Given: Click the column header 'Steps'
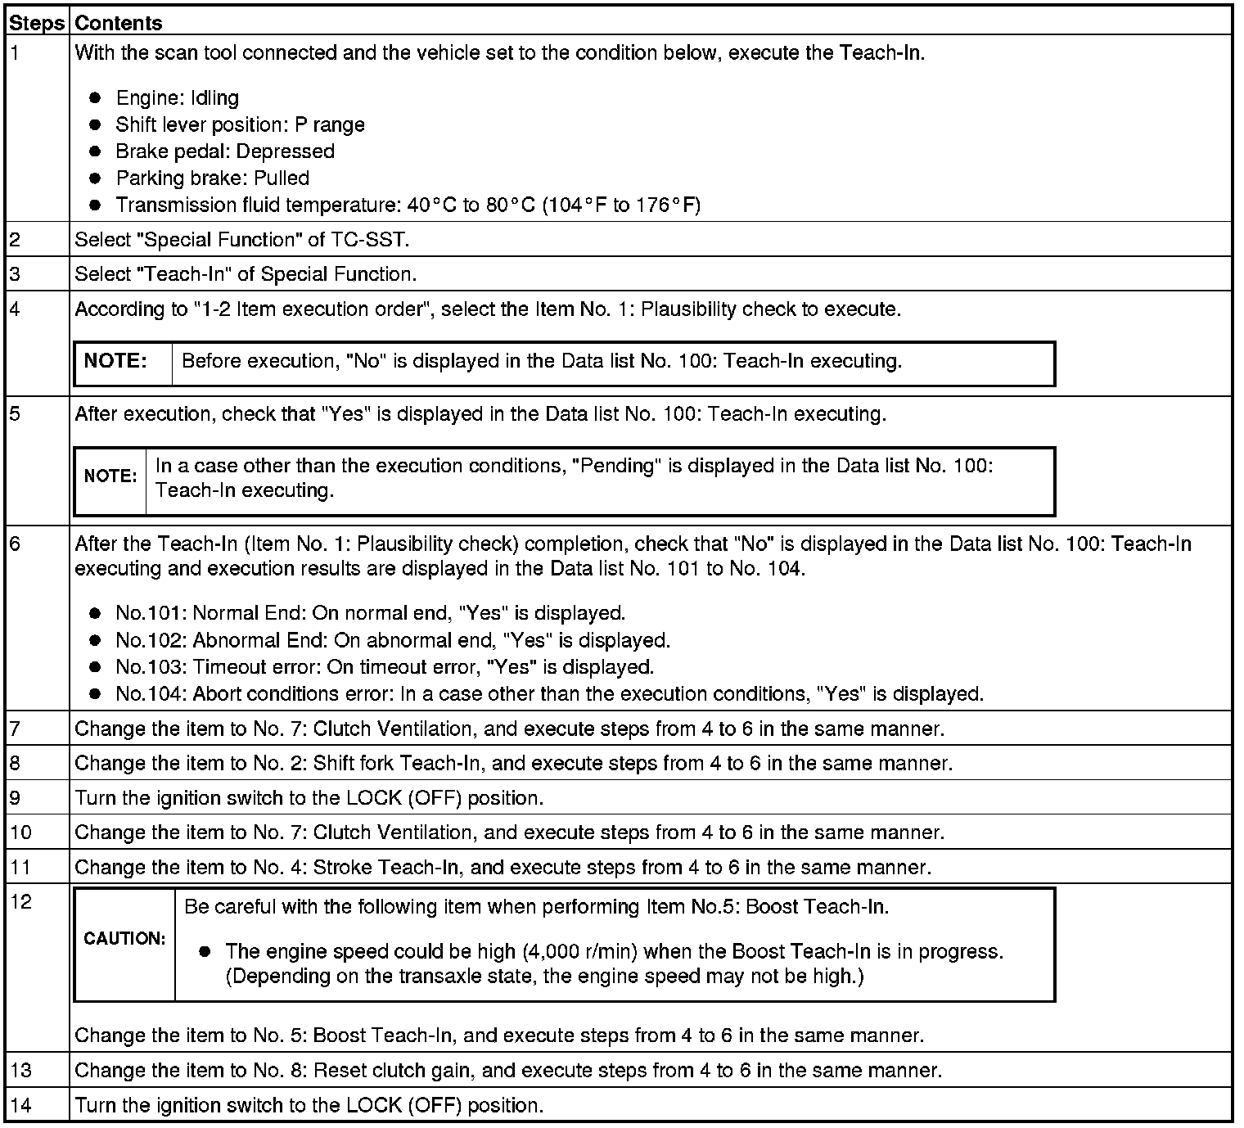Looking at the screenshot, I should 37,23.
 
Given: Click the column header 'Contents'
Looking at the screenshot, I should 119,23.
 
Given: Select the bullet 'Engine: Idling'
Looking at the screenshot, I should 178,98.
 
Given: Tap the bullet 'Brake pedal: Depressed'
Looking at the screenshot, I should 225,151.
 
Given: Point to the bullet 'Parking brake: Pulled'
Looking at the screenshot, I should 213,178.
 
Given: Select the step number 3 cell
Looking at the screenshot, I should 38,274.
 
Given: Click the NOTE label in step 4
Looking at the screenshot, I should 115,361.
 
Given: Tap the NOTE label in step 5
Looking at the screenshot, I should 110,476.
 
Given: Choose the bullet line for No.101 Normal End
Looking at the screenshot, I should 370,613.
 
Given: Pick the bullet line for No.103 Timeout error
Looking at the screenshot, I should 385,667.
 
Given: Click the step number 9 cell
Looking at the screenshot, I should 38,798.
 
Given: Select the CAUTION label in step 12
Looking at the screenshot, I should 124,939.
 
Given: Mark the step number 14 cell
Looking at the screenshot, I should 38,1106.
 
